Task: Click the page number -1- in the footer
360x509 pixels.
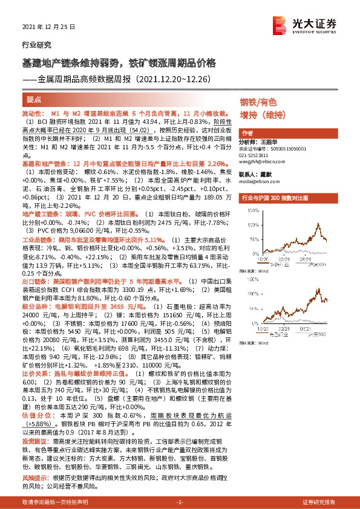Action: pyautogui.click(x=179, y=502)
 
